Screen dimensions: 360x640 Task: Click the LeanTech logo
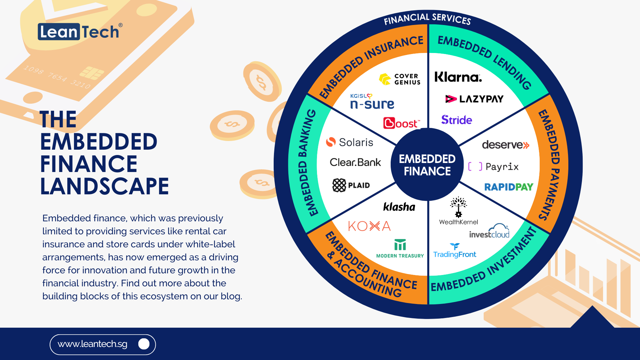pyautogui.click(x=79, y=32)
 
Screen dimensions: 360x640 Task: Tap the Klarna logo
pyautogui.click(x=458, y=77)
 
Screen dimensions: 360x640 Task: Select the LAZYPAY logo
pyautogui.click(x=474, y=99)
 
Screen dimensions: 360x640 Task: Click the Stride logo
pyautogui.click(x=456, y=120)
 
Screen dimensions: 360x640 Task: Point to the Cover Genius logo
pyautogui.click(x=400, y=79)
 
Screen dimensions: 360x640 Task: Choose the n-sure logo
pyautogui.click(x=372, y=102)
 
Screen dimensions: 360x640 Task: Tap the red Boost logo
pyautogui.click(x=401, y=123)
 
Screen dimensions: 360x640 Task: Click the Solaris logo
pyautogui.click(x=350, y=142)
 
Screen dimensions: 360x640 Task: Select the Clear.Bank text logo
pyautogui.click(x=355, y=162)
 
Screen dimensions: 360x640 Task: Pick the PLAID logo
pyautogui.click(x=351, y=185)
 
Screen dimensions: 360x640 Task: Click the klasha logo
pyautogui.click(x=399, y=207)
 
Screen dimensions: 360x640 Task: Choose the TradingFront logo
pyautogui.click(x=455, y=251)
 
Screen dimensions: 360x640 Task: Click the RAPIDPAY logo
pyautogui.click(x=509, y=187)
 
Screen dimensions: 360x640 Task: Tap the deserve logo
pyautogui.click(x=505, y=145)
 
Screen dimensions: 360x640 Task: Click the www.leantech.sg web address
pyautogui.click(x=92, y=344)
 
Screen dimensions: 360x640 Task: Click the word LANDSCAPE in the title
pyautogui.click(x=104, y=186)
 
